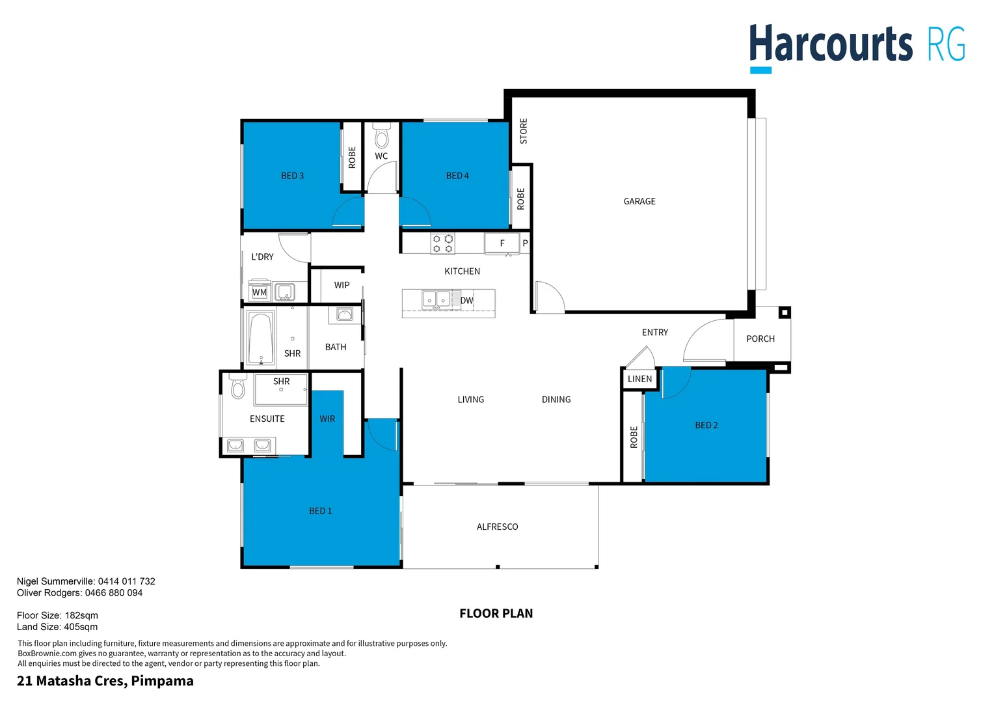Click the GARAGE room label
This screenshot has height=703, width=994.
tap(639, 202)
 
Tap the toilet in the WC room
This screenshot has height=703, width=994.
tap(382, 137)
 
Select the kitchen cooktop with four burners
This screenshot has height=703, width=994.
tap(442, 244)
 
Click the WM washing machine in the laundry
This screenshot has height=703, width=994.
tap(260, 292)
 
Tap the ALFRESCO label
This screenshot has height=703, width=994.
tap(497, 527)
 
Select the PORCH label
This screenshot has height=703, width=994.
tap(760, 339)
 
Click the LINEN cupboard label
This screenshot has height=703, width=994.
tap(639, 379)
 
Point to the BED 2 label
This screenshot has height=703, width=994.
tap(706, 426)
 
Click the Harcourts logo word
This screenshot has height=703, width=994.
tap(831, 44)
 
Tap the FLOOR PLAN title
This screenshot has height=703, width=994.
tap(496, 613)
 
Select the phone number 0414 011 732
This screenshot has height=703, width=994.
tap(126, 581)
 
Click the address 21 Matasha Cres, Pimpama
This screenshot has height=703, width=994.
tap(105, 681)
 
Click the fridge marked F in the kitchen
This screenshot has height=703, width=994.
tap(502, 243)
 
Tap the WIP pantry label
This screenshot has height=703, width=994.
tap(342, 285)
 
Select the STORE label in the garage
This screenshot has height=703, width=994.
tap(524, 131)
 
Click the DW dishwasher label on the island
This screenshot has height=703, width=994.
tap(466, 301)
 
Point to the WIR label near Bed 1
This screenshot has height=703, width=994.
tap(327, 419)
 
